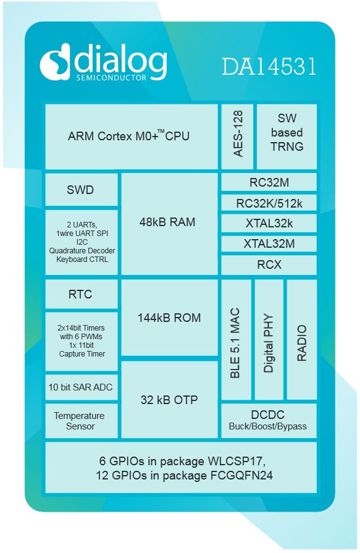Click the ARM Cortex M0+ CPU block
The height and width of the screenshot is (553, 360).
tap(132, 137)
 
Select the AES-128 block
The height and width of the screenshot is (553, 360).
tap(237, 137)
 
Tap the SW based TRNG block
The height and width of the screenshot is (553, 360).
tap(287, 137)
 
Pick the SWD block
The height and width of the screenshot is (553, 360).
tap(82, 190)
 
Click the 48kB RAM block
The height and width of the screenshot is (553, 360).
tap(170, 224)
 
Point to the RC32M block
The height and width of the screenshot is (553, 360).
tap(269, 182)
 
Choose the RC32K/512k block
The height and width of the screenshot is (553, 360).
tap(269, 203)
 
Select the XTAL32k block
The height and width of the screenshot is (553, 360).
tap(269, 223)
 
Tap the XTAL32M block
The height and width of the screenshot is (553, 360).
tap(269, 243)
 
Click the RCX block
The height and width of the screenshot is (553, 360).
tap(269, 265)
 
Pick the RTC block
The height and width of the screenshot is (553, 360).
tap(82, 294)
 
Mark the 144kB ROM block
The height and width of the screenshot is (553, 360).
tap(170, 318)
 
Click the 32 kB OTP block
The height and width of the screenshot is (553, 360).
tap(170, 399)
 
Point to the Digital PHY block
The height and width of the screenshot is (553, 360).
tap(269, 340)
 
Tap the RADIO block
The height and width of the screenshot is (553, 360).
tap(302, 340)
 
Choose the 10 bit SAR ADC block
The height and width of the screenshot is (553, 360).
tap(82, 387)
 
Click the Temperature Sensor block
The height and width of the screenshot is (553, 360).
tap(82, 421)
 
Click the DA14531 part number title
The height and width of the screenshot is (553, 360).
tap(269, 66)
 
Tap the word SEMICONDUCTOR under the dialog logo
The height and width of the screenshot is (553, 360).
tap(111, 78)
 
